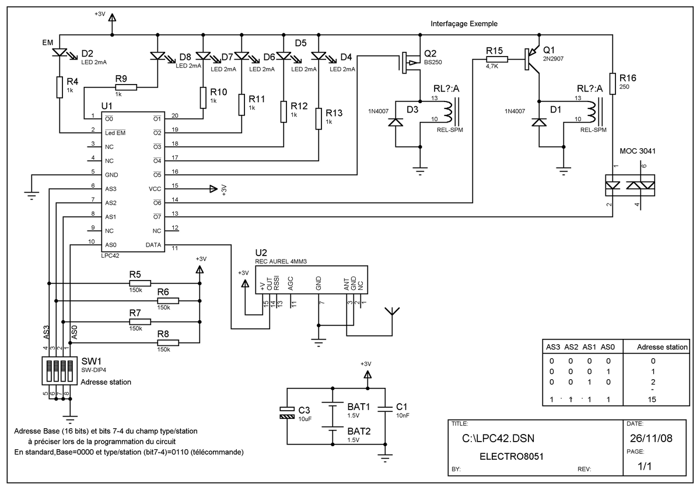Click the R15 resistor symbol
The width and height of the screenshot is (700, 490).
[497, 60]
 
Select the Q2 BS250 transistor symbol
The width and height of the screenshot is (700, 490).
[410, 63]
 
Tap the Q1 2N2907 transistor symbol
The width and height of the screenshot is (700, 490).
[532, 60]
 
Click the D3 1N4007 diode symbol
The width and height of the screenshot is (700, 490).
[395, 123]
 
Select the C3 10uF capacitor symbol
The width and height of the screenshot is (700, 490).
[287, 412]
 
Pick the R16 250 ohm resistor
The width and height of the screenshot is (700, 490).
[612, 84]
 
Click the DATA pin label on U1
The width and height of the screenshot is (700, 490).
[153, 245]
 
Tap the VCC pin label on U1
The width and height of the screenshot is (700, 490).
[155, 189]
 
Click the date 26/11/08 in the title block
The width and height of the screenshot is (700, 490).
[651, 439]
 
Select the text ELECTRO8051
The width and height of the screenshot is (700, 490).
[512, 457]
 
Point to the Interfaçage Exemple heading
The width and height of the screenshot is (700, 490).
[464, 24]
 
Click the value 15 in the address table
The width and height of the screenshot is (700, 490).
[652, 400]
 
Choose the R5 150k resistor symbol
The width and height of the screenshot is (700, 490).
[140, 283]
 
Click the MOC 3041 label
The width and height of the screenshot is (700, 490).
[638, 151]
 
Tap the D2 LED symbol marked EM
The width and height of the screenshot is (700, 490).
[60, 52]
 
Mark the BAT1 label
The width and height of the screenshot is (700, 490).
[359, 407]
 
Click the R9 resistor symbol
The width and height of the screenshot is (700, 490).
[126, 87]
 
